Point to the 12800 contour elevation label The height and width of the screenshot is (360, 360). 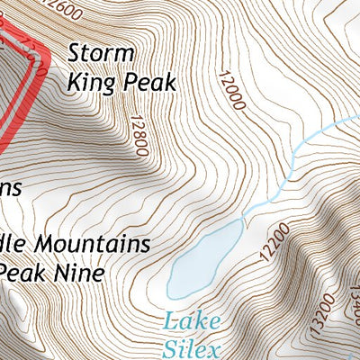coord(138,135)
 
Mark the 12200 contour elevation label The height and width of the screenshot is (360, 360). coord(271,241)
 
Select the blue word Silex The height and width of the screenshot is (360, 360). coord(193,348)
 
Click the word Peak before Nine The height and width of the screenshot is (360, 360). coord(24,271)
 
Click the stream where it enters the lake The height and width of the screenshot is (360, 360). coord(242,220)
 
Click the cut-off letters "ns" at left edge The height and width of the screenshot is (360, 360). coord(9,187)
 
